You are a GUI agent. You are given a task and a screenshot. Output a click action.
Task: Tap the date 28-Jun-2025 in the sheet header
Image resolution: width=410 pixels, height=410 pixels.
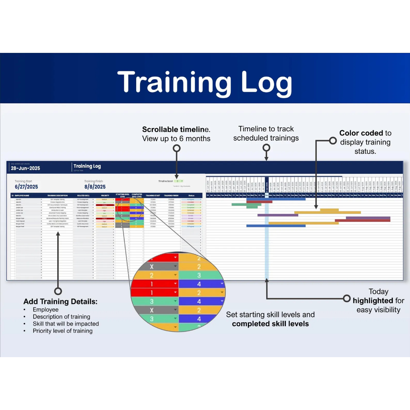(x=26, y=168)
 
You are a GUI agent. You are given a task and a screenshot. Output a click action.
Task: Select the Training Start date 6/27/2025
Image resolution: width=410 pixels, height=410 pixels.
(x=26, y=187)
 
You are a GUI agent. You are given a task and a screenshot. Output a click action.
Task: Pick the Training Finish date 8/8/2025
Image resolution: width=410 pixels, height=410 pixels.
(x=95, y=187)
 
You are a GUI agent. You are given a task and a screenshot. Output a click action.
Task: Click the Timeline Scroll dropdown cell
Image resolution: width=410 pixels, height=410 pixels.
(x=178, y=181)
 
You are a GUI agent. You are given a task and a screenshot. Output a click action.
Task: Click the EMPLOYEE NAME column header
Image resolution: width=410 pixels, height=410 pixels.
(x=22, y=195)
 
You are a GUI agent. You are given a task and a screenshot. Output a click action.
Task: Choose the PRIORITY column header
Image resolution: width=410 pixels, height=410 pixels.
(x=105, y=195)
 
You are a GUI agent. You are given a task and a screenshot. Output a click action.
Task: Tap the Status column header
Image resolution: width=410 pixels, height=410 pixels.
(x=191, y=195)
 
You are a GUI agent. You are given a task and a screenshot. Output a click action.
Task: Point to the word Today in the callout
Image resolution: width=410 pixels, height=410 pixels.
(x=378, y=291)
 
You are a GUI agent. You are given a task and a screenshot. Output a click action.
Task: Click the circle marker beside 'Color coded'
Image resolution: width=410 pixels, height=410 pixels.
(x=333, y=141)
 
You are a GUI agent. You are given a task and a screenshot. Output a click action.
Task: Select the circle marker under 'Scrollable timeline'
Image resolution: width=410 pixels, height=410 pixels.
(x=177, y=148)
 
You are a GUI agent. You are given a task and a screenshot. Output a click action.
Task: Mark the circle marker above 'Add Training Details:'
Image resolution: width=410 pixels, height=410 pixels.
(x=58, y=291)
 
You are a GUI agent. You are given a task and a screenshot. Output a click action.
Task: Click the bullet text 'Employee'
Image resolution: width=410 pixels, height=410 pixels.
(x=46, y=310)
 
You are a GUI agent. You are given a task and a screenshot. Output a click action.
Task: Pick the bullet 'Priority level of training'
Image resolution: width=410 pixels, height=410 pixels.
(x=62, y=331)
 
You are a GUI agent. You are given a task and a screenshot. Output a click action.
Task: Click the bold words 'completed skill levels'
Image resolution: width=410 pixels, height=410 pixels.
(x=270, y=324)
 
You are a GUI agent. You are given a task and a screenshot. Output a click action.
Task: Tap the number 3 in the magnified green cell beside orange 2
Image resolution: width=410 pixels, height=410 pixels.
(x=199, y=275)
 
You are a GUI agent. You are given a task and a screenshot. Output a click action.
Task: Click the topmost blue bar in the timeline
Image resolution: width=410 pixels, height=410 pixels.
(x=276, y=199)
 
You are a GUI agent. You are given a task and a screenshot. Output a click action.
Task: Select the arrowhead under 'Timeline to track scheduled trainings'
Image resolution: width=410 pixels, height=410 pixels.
(x=267, y=158)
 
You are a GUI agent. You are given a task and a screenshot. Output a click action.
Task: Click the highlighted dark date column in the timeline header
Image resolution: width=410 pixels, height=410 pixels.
(x=267, y=186)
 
